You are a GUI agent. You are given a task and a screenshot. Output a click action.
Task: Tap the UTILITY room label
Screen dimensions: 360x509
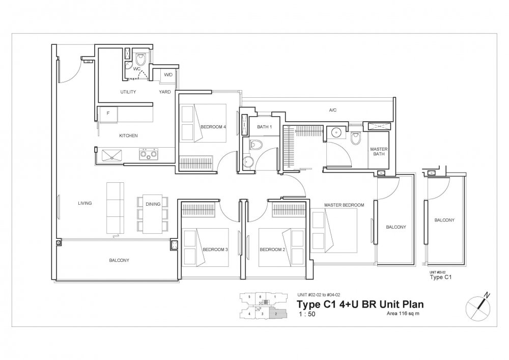click(x=128, y=92)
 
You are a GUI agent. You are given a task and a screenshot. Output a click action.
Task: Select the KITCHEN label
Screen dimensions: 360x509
click(x=128, y=135)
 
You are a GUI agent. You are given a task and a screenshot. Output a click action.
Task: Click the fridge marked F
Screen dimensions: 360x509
click(x=108, y=115)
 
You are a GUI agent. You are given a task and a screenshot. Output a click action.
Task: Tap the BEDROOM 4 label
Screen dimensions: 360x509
click(x=214, y=126)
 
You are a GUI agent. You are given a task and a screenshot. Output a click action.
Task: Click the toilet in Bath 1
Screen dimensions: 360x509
click(x=258, y=146)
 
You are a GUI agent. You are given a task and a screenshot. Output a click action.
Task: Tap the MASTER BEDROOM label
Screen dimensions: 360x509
click(x=344, y=205)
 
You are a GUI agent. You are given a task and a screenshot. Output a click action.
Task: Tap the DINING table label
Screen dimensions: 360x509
click(x=153, y=204)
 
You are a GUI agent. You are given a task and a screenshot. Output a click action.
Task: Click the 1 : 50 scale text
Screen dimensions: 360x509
click(x=304, y=315)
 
